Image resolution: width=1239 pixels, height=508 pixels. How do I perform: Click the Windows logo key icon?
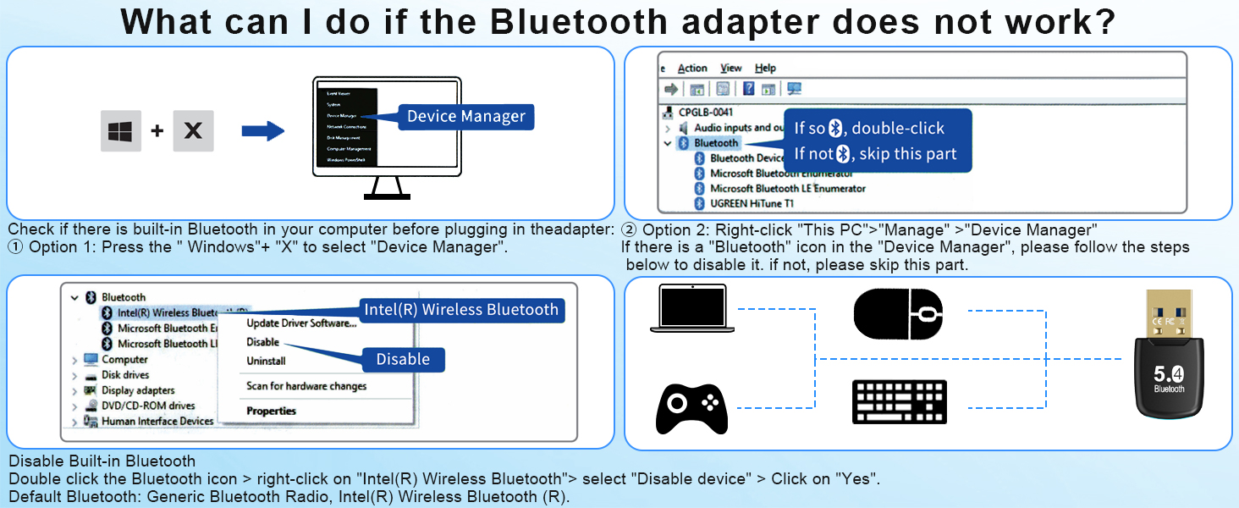tap(121, 130)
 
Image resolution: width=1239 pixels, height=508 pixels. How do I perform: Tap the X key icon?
tap(193, 130)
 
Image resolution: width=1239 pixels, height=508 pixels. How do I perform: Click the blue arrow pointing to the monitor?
tap(262, 130)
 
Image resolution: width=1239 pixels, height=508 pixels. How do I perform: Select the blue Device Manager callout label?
tap(466, 117)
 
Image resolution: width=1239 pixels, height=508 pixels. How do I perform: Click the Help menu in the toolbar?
tap(765, 68)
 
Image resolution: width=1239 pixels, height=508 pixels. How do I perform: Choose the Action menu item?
tap(692, 68)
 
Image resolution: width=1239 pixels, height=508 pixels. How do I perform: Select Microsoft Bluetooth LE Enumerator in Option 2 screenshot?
tap(787, 188)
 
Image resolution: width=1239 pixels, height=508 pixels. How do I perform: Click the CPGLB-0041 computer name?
tap(705, 112)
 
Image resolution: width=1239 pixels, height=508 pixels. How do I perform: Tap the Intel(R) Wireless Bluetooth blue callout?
tap(461, 310)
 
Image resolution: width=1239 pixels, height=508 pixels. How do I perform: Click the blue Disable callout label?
tap(403, 359)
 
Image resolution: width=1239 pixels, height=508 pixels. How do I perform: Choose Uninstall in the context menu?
tap(266, 361)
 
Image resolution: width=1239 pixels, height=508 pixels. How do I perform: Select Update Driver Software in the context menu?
tap(301, 323)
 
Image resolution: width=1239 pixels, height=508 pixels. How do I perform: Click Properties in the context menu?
tap(271, 411)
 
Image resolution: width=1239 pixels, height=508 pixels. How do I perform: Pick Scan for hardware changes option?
tap(306, 386)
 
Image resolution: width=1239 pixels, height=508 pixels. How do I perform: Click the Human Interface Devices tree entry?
tap(157, 421)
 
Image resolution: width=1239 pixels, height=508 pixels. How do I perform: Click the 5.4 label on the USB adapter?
tap(1169, 373)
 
